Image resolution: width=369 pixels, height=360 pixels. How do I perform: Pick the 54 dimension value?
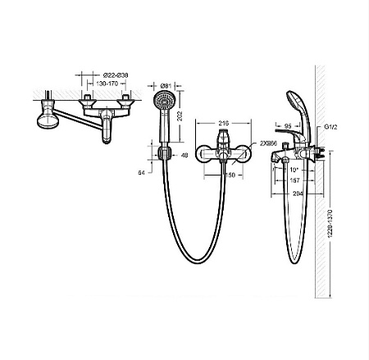(x=142, y=171)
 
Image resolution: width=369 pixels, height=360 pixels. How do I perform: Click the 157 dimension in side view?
(x=294, y=181)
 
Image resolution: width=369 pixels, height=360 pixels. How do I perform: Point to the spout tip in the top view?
(x=106, y=135)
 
